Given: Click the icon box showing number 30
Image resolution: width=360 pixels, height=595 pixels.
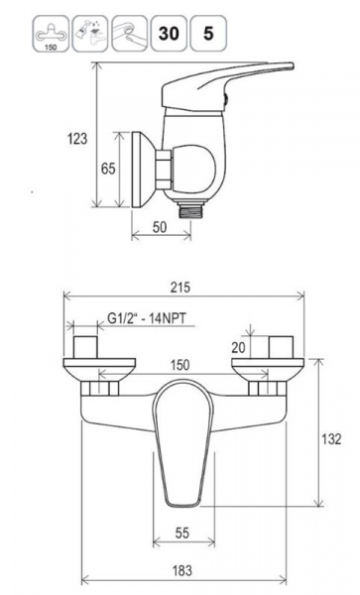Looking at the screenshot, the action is tap(169, 34).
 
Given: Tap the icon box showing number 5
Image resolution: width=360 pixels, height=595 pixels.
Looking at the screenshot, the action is tap(208, 34).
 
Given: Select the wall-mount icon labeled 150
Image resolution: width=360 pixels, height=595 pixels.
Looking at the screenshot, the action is tap(51, 34).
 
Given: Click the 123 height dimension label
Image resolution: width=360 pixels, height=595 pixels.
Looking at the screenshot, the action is tap(77, 139).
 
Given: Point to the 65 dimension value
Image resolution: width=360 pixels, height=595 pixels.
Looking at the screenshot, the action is tap(108, 168).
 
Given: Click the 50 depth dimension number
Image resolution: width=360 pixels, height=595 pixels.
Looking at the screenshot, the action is tap(160, 227).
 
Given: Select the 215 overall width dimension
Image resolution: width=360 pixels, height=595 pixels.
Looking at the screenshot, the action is tap(180, 288).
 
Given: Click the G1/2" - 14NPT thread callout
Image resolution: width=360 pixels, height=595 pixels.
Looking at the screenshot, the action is tap(147, 318).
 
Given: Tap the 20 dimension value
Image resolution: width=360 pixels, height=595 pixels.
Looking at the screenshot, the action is tap(239, 347).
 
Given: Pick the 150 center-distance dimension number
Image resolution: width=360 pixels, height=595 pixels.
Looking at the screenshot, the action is tap(180, 365).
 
